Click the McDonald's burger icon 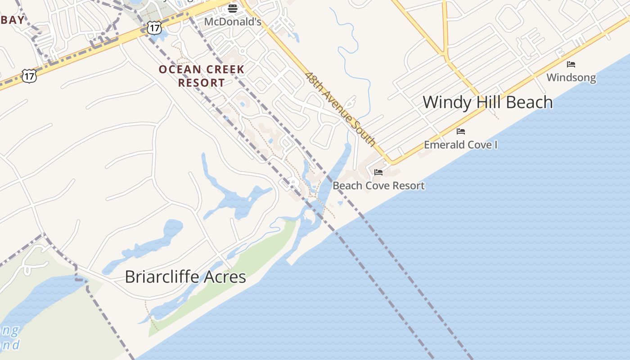[x=233, y=8]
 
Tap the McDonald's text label [x=233, y=22]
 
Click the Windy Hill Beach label [x=488, y=102]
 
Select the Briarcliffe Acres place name [x=185, y=276]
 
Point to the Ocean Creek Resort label [x=202, y=76]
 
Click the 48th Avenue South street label [x=341, y=109]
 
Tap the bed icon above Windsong [x=571, y=64]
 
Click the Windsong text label [x=571, y=77]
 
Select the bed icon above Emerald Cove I [x=461, y=131]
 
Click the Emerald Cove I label [x=461, y=145]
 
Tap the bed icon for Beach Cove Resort [x=378, y=172]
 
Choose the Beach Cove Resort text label [x=378, y=185]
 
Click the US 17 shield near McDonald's [x=154, y=28]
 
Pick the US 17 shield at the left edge [x=29, y=76]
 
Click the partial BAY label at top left [x=12, y=20]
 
